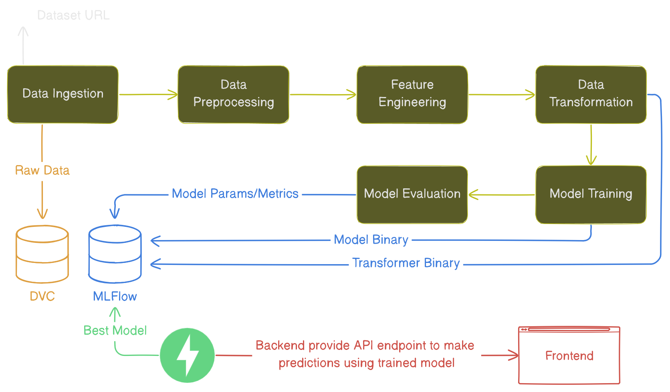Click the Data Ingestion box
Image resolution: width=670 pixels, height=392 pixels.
(x=63, y=95)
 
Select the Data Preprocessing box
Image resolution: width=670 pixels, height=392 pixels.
(x=234, y=95)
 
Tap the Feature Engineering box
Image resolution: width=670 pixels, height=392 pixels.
(x=412, y=95)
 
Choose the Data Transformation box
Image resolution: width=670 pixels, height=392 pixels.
(x=591, y=95)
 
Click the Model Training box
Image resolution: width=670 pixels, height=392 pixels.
(x=591, y=194)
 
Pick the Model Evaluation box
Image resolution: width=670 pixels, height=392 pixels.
(x=412, y=194)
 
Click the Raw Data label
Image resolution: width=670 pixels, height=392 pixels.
(x=42, y=170)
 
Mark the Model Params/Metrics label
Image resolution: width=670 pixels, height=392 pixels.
(x=235, y=194)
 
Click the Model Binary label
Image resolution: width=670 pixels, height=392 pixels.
(x=371, y=240)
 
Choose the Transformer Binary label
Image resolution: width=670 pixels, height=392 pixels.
(x=406, y=263)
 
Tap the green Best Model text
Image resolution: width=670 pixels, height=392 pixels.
(x=115, y=330)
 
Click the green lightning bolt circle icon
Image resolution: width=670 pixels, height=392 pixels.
(x=187, y=355)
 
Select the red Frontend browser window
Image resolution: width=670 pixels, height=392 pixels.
(x=569, y=356)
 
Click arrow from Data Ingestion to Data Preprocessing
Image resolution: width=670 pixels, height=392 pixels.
(x=148, y=95)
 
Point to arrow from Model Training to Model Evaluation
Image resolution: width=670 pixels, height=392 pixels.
(x=501, y=195)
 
